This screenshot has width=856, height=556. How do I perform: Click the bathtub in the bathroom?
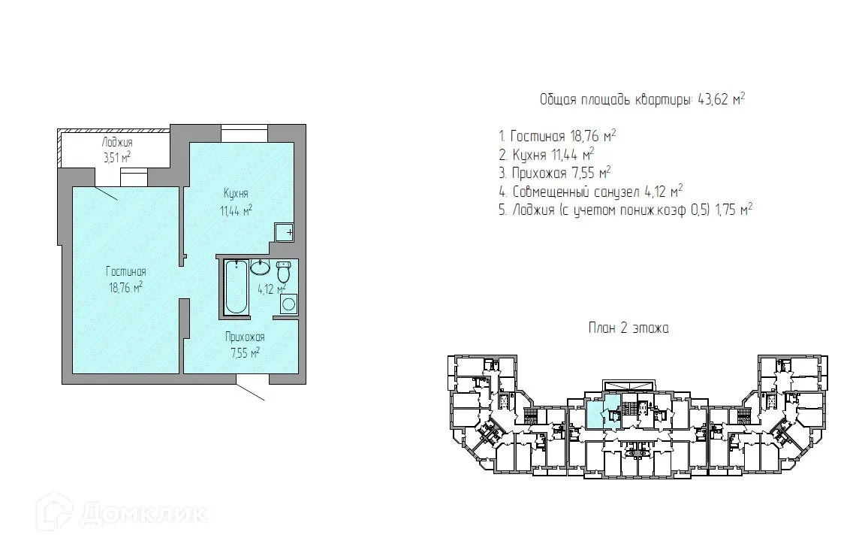coord(237,288)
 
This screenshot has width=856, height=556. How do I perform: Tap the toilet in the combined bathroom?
coord(283,271)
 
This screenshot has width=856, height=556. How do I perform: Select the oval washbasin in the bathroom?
coord(261,267)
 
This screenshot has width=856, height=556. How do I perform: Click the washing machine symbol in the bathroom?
coord(289,304)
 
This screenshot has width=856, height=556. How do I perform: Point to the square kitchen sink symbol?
coord(284,233)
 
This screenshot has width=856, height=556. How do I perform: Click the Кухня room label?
coord(236,193)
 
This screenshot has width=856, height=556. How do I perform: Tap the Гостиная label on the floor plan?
coord(126,271)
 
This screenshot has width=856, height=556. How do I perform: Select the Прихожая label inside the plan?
coord(245,337)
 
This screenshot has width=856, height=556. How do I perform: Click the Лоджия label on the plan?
coord(117,143)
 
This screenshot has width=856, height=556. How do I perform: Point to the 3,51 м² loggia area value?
coord(117,158)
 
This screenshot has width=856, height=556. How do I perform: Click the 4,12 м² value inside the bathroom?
coord(272,289)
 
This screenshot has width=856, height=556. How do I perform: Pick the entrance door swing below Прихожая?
coord(251,387)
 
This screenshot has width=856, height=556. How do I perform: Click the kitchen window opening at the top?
coord(244,134)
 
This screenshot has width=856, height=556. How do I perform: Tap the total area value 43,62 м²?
coord(722,99)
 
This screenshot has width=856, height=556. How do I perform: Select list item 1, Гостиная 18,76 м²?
coord(557,135)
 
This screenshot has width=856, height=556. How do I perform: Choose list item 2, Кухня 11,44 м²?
coord(547,155)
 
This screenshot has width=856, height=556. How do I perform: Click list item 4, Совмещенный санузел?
coord(591,192)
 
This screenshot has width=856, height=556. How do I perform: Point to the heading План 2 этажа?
coord(629,328)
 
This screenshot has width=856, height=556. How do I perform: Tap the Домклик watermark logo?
coord(121,513)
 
